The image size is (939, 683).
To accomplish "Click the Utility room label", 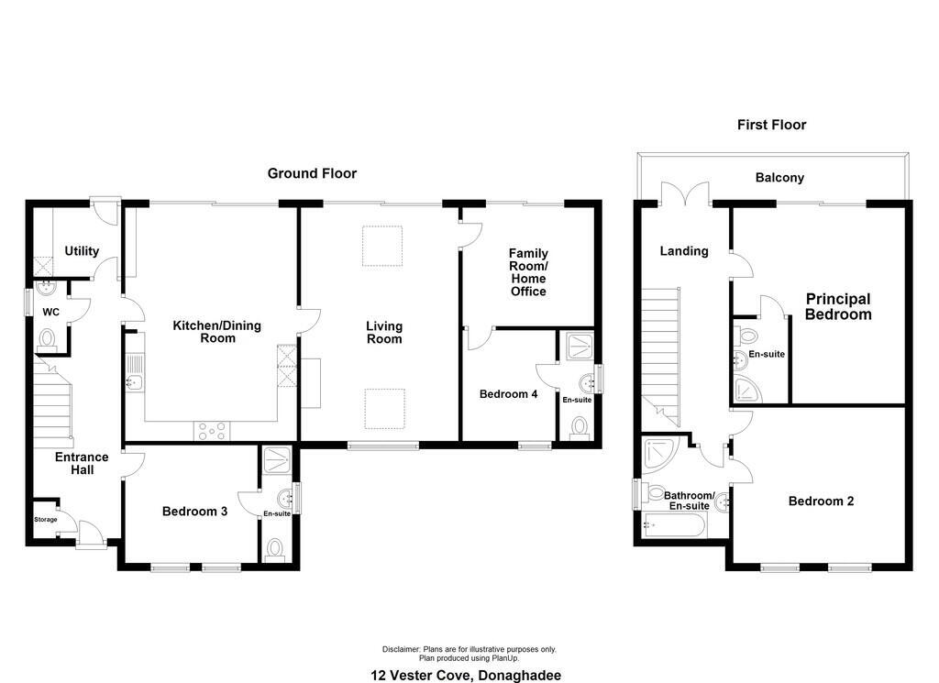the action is (x=82, y=251).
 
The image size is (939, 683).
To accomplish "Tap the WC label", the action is (x=51, y=312).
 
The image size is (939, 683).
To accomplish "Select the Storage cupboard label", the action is (x=46, y=520).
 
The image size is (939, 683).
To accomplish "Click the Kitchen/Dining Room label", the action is (x=216, y=332).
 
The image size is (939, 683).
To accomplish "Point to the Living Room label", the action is (x=384, y=332).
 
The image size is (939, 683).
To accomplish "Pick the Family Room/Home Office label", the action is (x=528, y=272).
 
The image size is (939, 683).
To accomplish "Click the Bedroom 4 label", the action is (x=508, y=394).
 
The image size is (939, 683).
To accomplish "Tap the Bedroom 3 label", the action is (x=194, y=512).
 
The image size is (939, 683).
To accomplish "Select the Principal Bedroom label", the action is (x=838, y=306).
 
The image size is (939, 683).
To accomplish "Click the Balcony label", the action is (x=779, y=177).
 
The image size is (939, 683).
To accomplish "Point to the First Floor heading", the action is (x=771, y=125).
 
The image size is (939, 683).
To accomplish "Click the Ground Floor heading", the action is (x=312, y=173).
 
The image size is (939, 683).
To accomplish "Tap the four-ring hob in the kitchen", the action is (x=212, y=432).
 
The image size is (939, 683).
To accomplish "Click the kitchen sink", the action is (x=135, y=373).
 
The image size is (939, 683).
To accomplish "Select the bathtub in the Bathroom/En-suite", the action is (x=675, y=525).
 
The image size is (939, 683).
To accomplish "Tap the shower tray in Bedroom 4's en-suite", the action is (x=580, y=346).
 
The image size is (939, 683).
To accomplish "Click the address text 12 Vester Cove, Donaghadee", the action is (x=466, y=676).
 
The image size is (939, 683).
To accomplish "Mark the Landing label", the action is (x=684, y=251).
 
